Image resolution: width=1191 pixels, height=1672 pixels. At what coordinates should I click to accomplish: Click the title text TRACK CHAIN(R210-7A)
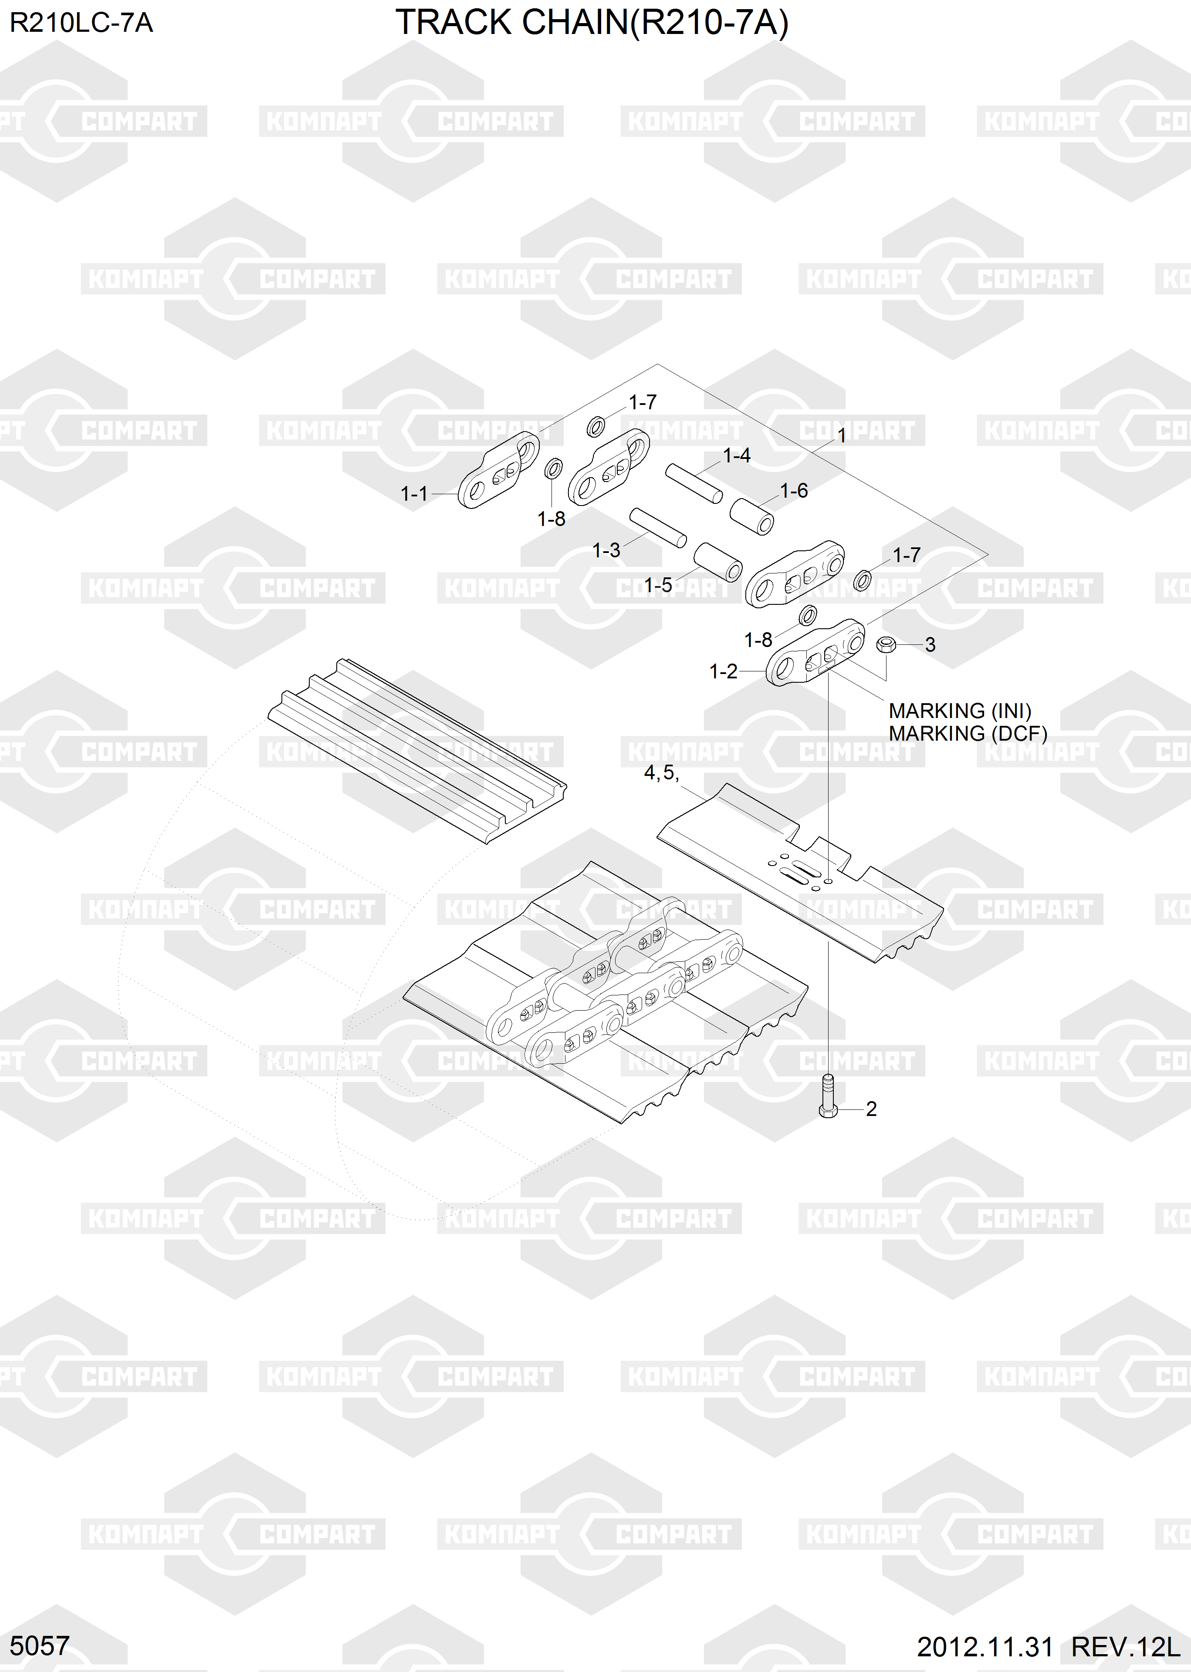coord(592,24)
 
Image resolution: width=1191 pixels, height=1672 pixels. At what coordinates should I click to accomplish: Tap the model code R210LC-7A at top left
coord(81,24)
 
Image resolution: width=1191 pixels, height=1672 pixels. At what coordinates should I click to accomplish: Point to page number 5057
coord(40,1645)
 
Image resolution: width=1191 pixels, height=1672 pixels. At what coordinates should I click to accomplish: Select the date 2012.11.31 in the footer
coord(984,1647)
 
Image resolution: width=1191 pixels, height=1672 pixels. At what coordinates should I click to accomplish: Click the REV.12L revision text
coord(1126,1647)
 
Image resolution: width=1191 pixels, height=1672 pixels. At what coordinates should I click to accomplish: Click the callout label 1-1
coord(414,494)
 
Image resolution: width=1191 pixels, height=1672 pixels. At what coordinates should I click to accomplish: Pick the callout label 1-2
coord(723,671)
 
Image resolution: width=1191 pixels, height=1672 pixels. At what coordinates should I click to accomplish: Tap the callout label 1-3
coord(606,550)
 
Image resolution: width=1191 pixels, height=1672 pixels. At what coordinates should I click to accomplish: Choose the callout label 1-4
coord(736,456)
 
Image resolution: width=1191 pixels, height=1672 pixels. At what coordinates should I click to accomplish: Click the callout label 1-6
coord(794,491)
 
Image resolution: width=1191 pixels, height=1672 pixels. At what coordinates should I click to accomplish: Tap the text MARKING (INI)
coord(959,711)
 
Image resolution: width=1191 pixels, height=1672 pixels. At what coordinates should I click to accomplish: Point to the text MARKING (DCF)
coord(968,734)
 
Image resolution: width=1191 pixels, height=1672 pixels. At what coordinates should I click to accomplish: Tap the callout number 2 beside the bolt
coord(871,1109)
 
